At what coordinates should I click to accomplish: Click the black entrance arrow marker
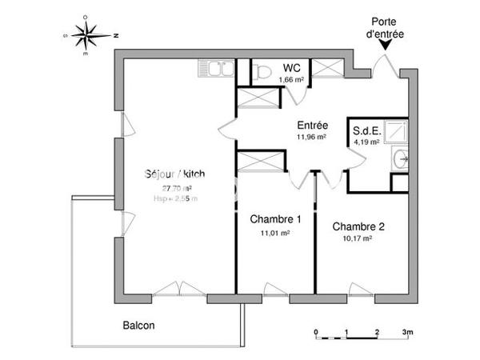coord(386,46)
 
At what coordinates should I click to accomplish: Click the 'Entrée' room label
coord(311,126)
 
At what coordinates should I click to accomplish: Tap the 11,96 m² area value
coord(311,137)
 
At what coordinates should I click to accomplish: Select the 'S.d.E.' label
coord(366,130)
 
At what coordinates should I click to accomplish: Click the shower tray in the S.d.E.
coord(397,132)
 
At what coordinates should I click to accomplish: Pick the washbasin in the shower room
coord(402,159)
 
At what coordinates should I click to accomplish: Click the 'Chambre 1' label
coord(275,220)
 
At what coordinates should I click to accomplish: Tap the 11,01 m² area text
coord(274,233)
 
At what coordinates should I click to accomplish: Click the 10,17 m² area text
coord(358,238)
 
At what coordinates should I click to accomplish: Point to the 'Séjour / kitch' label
coord(172,174)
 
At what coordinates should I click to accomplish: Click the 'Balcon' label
coord(138,326)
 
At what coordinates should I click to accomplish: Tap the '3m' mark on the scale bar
coord(407,331)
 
